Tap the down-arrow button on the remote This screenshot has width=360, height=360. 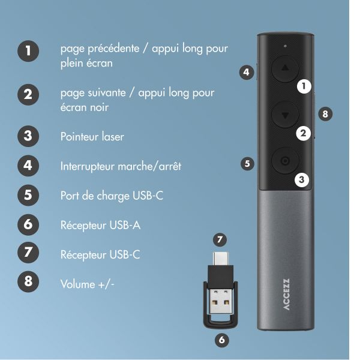click(x=285, y=114)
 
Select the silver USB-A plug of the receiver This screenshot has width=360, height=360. click(x=220, y=305)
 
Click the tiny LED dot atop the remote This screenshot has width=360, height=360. click(x=285, y=46)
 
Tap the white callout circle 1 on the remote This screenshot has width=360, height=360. click(x=305, y=86)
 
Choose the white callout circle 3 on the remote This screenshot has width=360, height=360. click(x=302, y=178)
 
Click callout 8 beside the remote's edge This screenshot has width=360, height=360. click(x=325, y=113)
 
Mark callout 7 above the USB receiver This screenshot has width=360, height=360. click(x=220, y=239)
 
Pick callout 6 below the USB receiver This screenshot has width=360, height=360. click(x=221, y=340)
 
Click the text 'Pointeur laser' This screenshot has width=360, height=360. click(x=92, y=137)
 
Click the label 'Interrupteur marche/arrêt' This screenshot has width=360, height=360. click(x=121, y=166)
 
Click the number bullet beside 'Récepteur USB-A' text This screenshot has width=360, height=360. click(x=28, y=225)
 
